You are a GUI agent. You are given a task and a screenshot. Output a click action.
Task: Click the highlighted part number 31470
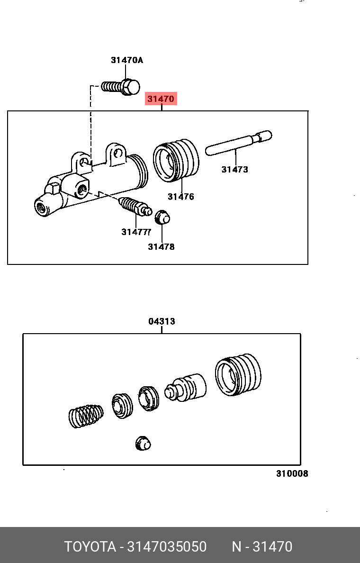pyautogui.click(x=161, y=99)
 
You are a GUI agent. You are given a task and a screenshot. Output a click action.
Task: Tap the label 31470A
pyautogui.click(x=126, y=60)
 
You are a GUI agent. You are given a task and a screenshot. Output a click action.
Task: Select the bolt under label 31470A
pyautogui.click(x=122, y=87)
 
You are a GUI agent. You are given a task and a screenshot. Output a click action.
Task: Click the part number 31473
pyautogui.click(x=234, y=169)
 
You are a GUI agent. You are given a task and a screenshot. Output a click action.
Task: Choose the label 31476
pyautogui.click(x=180, y=197)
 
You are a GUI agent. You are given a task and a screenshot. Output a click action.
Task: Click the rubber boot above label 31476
pyautogui.click(x=176, y=160)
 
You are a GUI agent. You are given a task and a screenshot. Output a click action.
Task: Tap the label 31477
pyautogui.click(x=135, y=232)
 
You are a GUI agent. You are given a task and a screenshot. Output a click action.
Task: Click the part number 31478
pyautogui.click(x=161, y=246)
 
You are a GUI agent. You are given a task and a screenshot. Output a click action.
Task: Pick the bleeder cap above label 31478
pyautogui.click(x=162, y=217)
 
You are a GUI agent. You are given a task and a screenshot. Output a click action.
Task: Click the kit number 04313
pyautogui.click(x=162, y=321)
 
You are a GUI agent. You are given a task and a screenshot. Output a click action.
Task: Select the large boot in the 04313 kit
pyautogui.click(x=238, y=374)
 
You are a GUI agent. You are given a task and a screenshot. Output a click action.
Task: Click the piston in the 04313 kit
pyautogui.click(x=186, y=387)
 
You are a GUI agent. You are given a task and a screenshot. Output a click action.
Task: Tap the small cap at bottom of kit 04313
pyautogui.click(x=143, y=443)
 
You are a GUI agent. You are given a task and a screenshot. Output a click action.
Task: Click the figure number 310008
pyautogui.click(x=292, y=473)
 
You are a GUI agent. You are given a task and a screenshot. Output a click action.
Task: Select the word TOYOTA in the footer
pyautogui.click(x=90, y=547)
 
